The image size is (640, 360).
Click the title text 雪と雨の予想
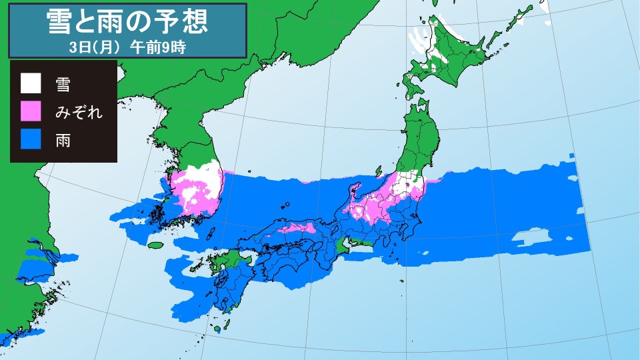point(128,22)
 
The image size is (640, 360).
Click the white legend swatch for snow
point(30,84)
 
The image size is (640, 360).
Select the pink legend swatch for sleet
point(30,111)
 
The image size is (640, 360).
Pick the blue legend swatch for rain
point(30,139)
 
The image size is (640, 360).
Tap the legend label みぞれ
point(79,111)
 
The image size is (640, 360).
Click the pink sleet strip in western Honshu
point(298,229)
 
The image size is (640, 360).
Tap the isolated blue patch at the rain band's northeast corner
point(571,157)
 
